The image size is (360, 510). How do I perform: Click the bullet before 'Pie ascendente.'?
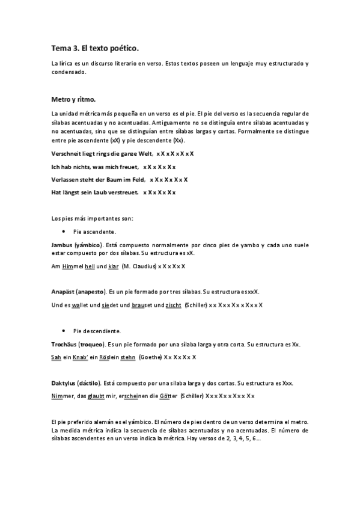64,231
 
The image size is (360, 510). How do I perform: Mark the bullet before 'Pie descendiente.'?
64,330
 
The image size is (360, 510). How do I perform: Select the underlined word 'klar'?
114,266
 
